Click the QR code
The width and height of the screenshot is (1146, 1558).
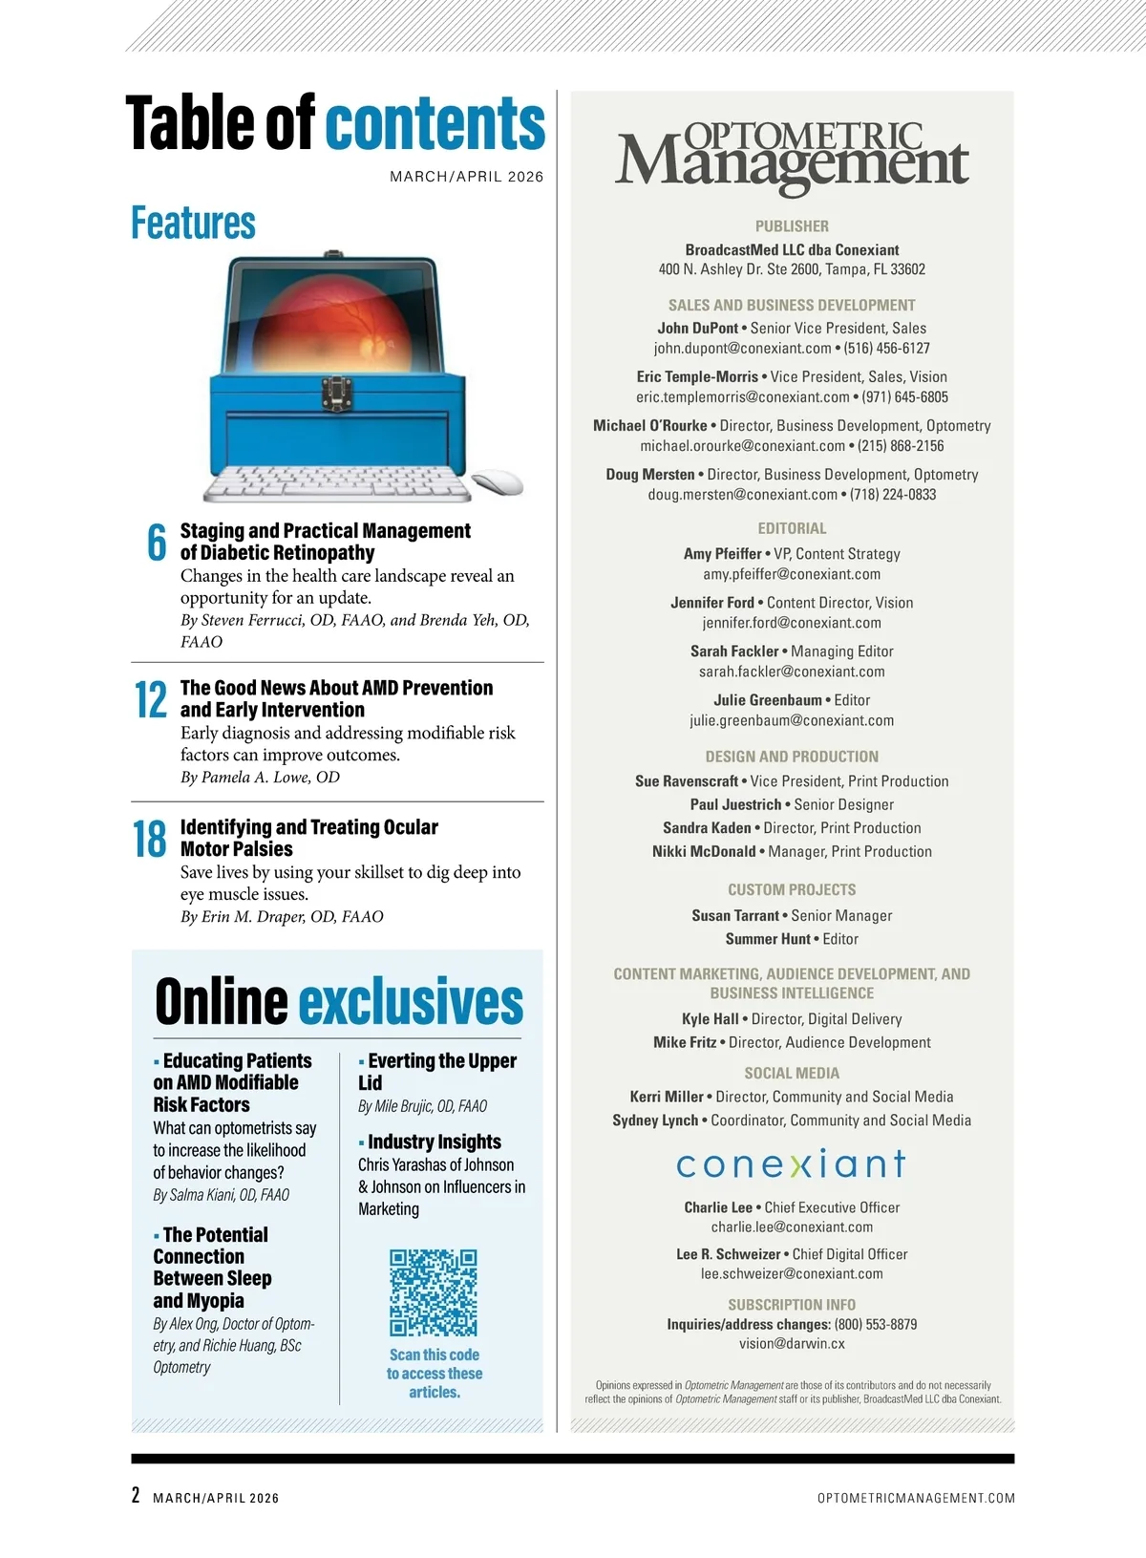[433, 1291]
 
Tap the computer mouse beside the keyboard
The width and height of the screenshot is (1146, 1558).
[499, 482]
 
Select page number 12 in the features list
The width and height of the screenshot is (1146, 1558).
[151, 699]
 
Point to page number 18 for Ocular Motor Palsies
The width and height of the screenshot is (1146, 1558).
[150, 839]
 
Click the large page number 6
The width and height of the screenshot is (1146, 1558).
[157, 542]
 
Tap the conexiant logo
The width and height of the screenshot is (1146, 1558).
[791, 1163]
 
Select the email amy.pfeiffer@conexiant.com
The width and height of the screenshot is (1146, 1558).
[792, 574]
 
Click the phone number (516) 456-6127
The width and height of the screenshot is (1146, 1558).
[886, 349]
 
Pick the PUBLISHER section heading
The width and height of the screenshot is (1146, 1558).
[792, 226]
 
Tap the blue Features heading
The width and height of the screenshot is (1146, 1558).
[194, 223]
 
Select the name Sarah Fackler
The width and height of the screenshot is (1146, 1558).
[734, 651]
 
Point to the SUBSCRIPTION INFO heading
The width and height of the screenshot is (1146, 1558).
[792, 1305]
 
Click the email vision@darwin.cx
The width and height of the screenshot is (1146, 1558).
[792, 1344]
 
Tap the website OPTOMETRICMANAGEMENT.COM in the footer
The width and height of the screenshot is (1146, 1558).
[916, 1498]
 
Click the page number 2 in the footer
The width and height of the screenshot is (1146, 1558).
[136, 1495]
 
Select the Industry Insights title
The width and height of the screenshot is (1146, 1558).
[435, 1142]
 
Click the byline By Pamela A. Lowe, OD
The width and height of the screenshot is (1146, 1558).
[260, 778]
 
